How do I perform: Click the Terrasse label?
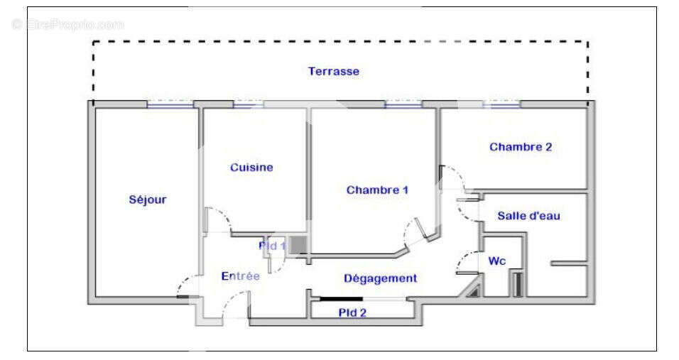coord(333,72)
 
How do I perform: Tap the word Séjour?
coord(148,200)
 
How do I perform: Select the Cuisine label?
coord(251,168)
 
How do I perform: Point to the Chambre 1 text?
coord(377,190)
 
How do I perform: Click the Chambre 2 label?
coord(521,148)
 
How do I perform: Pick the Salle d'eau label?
coord(528,216)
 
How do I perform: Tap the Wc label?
coord(496,261)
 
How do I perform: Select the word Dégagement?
coord(380,278)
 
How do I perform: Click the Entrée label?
coord(240,276)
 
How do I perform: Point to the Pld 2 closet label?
coord(352,312)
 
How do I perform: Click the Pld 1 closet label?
coord(272,246)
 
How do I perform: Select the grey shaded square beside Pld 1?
coord(299,245)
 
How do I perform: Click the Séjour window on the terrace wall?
coord(170,104)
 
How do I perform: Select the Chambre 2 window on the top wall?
coord(501,104)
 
